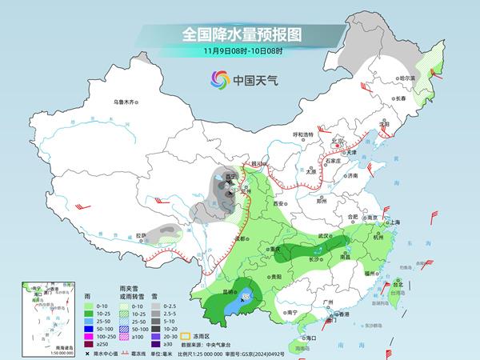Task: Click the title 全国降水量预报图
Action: (x=239, y=35)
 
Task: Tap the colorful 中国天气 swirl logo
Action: (x=218, y=79)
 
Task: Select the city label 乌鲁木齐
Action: (x=126, y=102)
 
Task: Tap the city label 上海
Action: (x=393, y=222)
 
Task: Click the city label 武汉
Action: (x=323, y=236)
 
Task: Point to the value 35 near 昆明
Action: (x=246, y=298)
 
